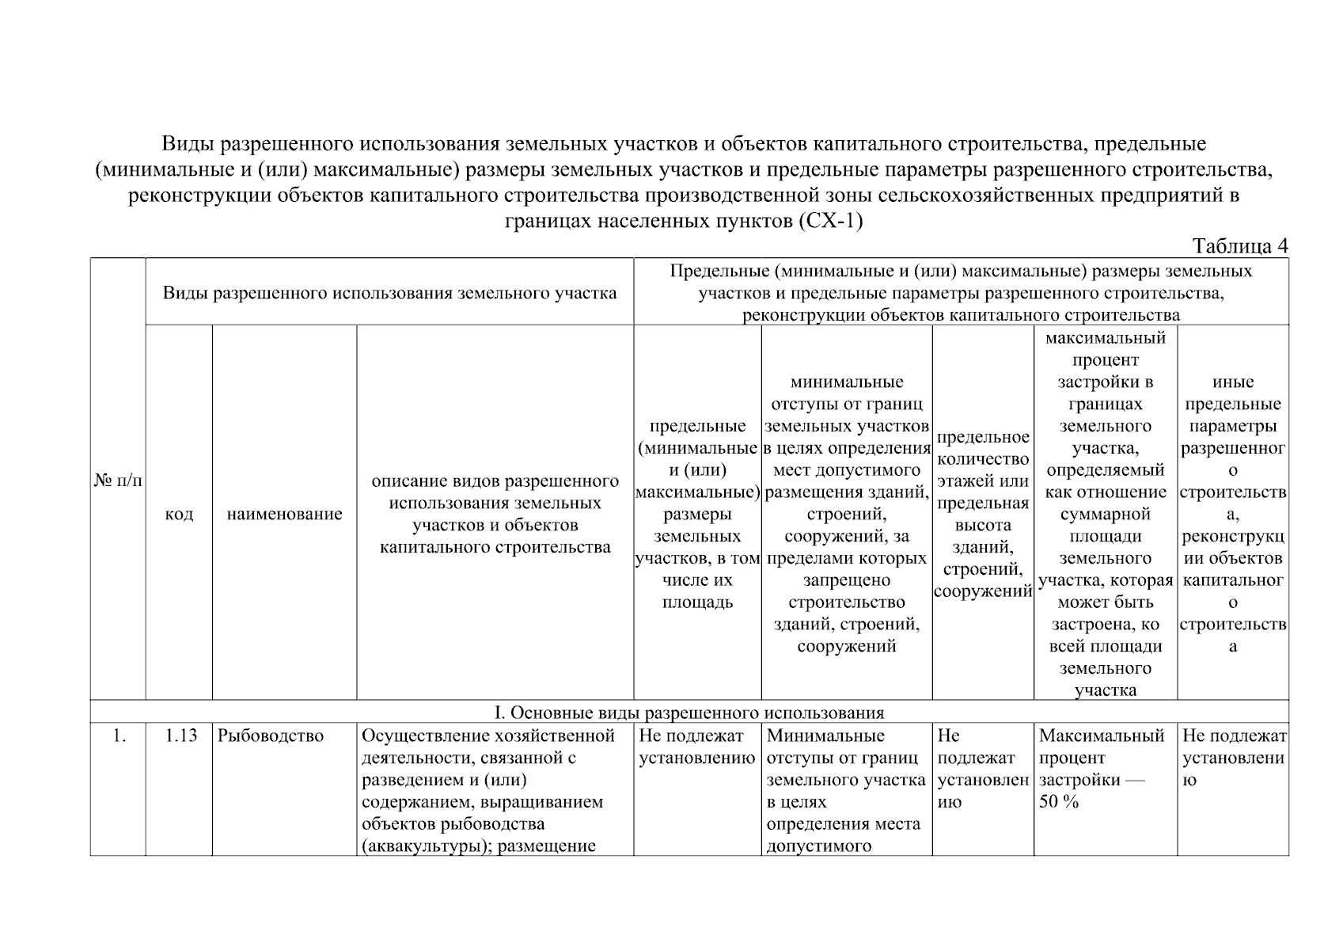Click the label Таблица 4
point(1240,246)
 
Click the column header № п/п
point(118,481)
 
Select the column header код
point(179,514)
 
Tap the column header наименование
point(284,514)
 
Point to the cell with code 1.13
point(180,736)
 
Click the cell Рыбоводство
point(271,736)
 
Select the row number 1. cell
point(119,736)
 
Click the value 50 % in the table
point(1059,802)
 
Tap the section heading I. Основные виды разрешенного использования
point(689,712)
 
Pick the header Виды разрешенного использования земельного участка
point(389,293)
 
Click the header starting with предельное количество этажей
point(983,514)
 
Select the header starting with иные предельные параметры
point(1232,514)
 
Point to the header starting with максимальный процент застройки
point(1105,514)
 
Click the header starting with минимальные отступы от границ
point(847,514)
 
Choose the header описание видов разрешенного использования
point(495,514)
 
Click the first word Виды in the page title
point(183,144)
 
